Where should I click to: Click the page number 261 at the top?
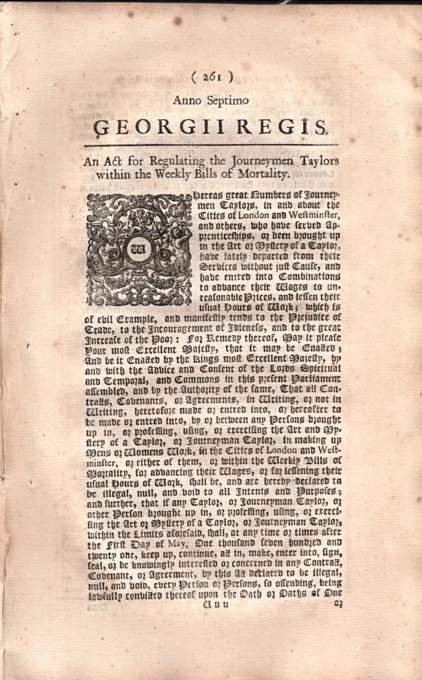(212, 77)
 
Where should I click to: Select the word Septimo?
(229, 101)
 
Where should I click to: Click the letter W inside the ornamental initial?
(139, 249)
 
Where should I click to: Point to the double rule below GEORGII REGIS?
(212, 144)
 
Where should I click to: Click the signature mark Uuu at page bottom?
(218, 604)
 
